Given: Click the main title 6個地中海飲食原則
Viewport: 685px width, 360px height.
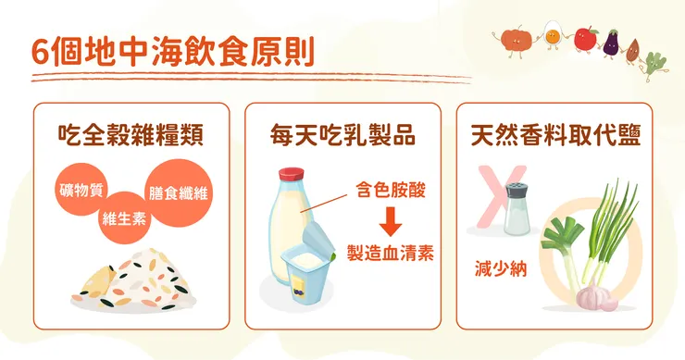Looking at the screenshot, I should pyautogui.click(x=171, y=51).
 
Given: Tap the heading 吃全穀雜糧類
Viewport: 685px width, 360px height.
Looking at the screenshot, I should pyautogui.click(x=131, y=136).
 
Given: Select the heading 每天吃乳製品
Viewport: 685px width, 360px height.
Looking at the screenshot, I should pyautogui.click(x=342, y=136).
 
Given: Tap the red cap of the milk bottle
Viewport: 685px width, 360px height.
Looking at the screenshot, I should pyautogui.click(x=293, y=172).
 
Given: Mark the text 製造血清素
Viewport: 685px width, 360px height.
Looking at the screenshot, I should pyautogui.click(x=390, y=252).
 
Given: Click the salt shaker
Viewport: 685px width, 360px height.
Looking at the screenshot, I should pyautogui.click(x=517, y=210).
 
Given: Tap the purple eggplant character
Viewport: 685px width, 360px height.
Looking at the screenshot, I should pyautogui.click(x=611, y=42).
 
